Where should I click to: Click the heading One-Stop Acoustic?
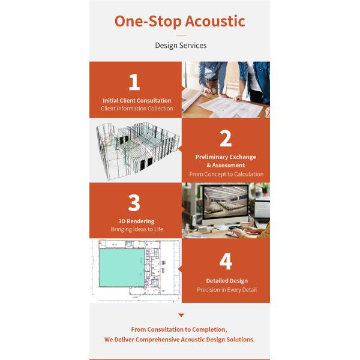pyautogui.click(x=180, y=21)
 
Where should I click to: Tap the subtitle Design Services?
pyautogui.click(x=180, y=46)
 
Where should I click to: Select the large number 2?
pyautogui.click(x=226, y=139)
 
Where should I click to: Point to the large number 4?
pyautogui.click(x=226, y=262)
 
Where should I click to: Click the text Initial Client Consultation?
pyautogui.click(x=137, y=100)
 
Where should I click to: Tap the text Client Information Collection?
pyautogui.click(x=137, y=109)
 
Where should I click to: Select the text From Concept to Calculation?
pyautogui.click(x=226, y=174)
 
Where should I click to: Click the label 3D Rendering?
pyautogui.click(x=136, y=221)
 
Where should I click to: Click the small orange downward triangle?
pyautogui.click(x=181, y=315)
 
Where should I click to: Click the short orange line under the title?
pyautogui.click(x=181, y=36)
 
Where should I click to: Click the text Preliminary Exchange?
pyautogui.click(x=226, y=157)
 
